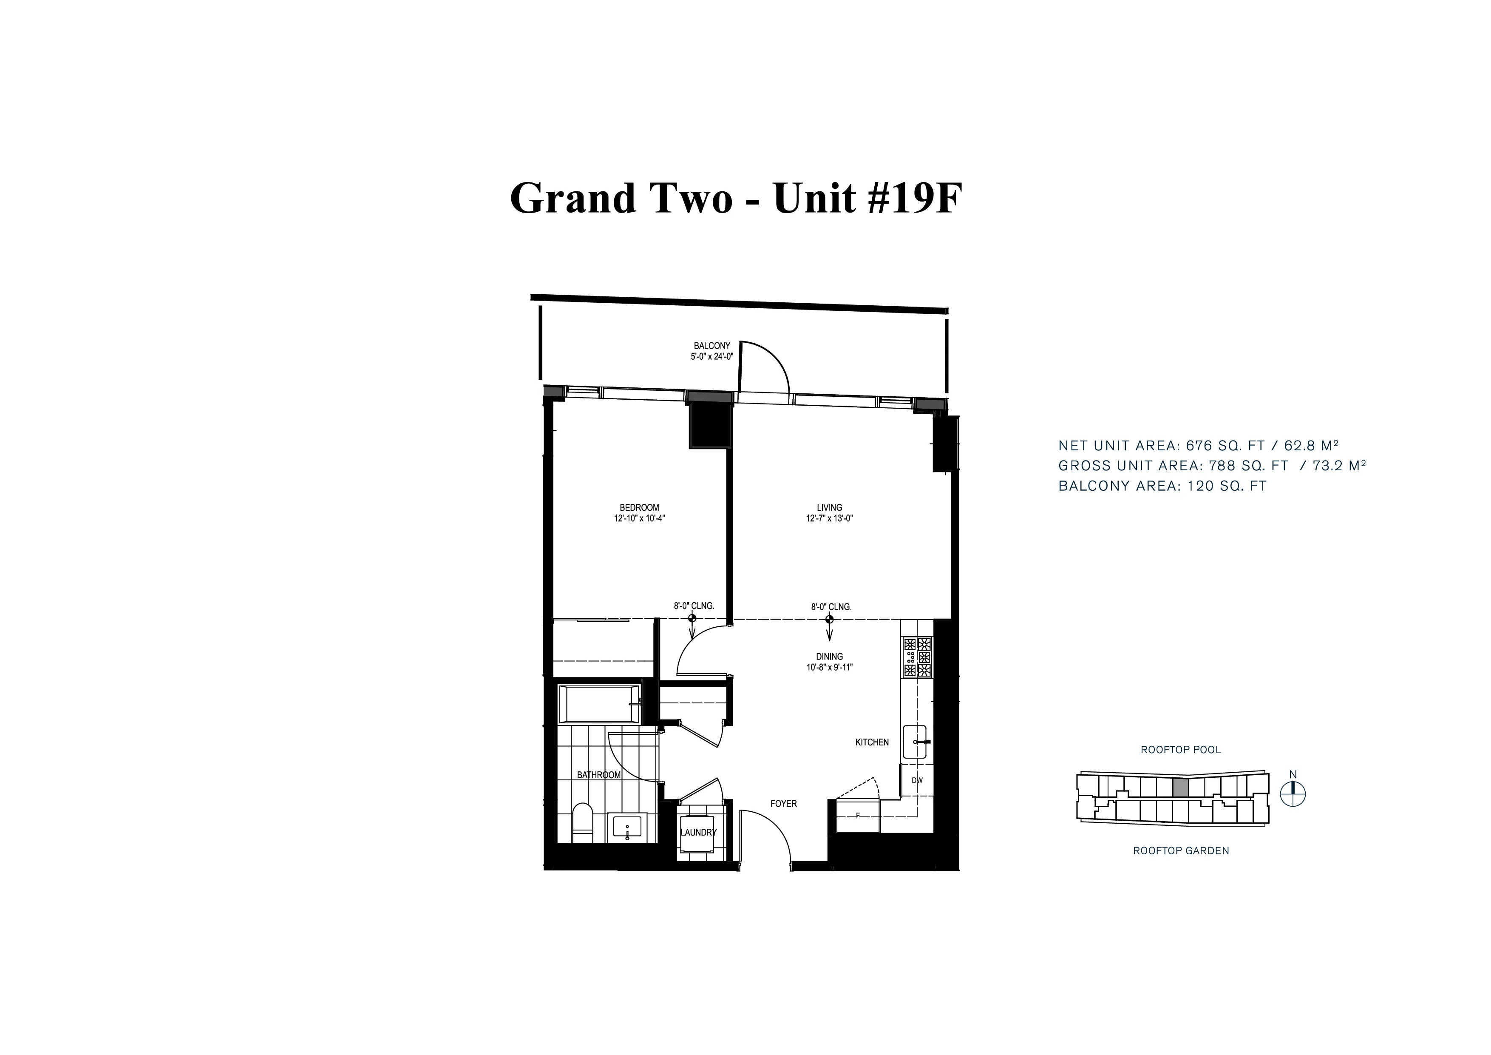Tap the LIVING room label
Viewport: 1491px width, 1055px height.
point(829,507)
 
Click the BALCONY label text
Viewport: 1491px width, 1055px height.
point(712,346)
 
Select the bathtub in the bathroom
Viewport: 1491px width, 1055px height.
point(599,704)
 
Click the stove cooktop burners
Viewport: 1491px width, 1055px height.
point(917,657)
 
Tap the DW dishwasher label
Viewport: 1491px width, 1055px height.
point(917,780)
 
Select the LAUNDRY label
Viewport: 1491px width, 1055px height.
point(698,832)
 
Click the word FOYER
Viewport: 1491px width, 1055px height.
point(783,804)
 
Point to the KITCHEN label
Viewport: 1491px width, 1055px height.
point(871,742)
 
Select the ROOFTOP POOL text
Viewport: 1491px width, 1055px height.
point(1181,750)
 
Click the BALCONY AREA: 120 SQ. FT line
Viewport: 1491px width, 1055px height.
point(1162,486)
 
